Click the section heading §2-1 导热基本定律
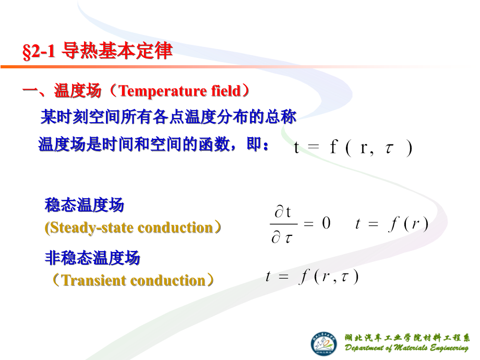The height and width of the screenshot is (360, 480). click(98, 52)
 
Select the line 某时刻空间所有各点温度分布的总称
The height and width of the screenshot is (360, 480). click(169, 117)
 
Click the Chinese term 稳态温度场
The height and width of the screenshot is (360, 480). click(85, 205)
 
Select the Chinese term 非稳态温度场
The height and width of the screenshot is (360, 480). click(92, 258)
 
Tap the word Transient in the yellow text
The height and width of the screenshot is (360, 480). click(94, 281)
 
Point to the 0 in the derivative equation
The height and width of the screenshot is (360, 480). click(326, 224)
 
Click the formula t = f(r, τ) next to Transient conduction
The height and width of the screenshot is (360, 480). click(312, 277)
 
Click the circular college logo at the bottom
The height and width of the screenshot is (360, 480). click(325, 343)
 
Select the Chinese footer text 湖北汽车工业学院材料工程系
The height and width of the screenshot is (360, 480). click(407, 338)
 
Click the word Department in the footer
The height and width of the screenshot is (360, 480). click(366, 349)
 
